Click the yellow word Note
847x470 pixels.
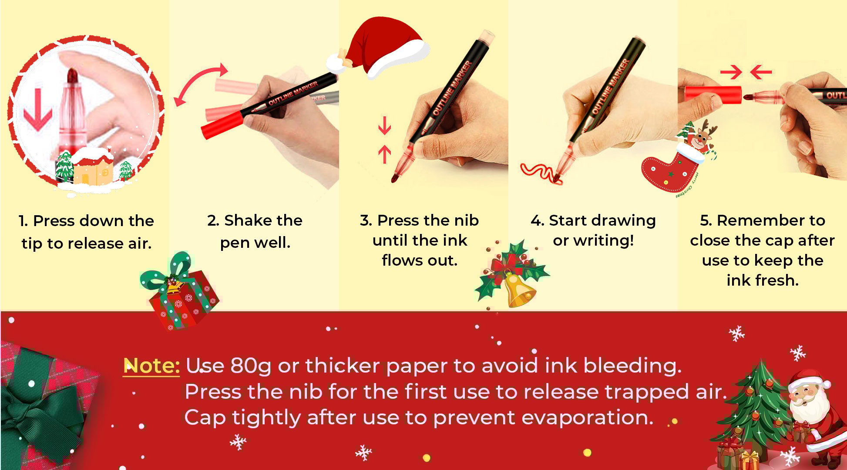[x=151, y=366]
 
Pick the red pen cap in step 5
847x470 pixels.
[x=713, y=95]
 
